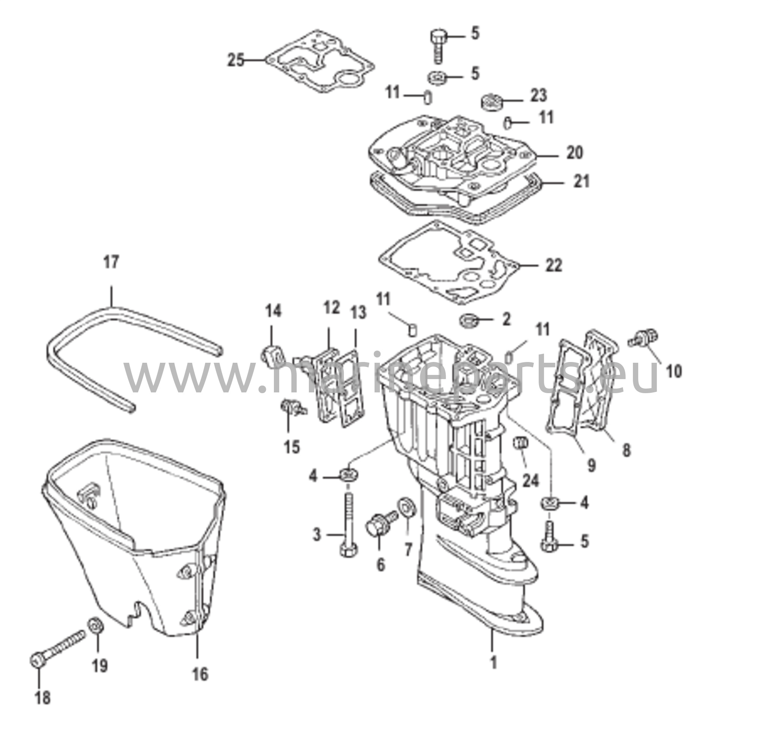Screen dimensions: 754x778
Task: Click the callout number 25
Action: coord(236,60)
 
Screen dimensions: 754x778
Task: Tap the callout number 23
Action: coord(538,96)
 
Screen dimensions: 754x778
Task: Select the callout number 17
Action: coord(111,262)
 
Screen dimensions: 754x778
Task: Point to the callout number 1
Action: coord(493,662)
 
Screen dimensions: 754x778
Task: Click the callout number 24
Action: coord(530,481)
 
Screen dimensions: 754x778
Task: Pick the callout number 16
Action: coord(201,673)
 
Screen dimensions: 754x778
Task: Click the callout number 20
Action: coord(574,152)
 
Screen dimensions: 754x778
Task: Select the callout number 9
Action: coord(591,465)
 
